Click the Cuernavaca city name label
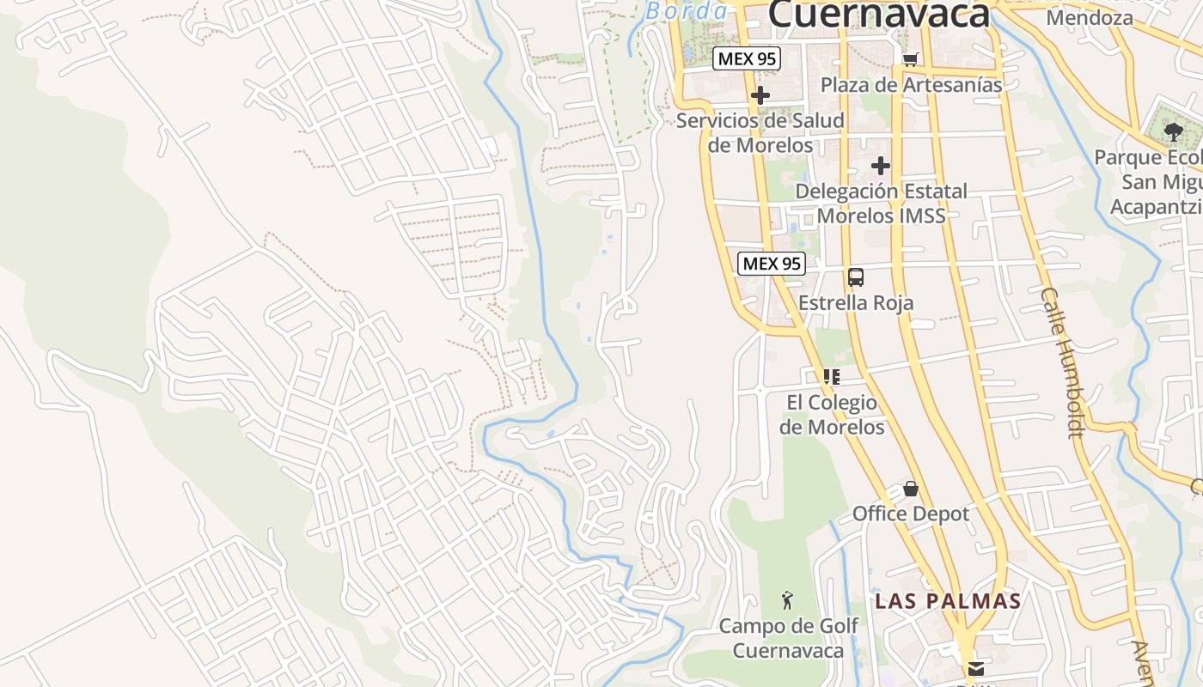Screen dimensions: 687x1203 click(x=878, y=15)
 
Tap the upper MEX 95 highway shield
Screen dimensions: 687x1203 click(x=746, y=58)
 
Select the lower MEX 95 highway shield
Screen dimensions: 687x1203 click(x=771, y=264)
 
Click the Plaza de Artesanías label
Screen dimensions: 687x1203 click(x=911, y=85)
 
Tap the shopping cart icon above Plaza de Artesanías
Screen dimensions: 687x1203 click(x=911, y=58)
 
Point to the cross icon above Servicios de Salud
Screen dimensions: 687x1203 click(x=760, y=95)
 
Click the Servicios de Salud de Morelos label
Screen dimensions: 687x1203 click(x=760, y=132)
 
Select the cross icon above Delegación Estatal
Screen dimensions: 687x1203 click(x=880, y=165)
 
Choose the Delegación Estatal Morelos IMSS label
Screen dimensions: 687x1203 click(x=881, y=203)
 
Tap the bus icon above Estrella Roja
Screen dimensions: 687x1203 click(x=856, y=277)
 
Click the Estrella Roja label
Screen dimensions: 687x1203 click(x=856, y=303)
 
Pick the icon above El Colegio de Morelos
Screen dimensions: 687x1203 click(x=831, y=376)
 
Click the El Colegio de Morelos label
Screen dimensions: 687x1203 click(x=832, y=414)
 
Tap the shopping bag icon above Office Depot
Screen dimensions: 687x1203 click(x=911, y=489)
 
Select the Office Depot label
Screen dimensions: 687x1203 click(x=911, y=514)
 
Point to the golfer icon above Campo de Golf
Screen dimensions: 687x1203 click(x=787, y=600)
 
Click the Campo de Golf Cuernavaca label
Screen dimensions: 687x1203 click(x=788, y=638)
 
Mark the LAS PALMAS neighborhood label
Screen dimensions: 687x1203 click(x=948, y=601)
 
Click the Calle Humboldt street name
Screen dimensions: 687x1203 click(x=1064, y=362)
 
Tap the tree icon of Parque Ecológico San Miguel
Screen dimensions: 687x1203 click(x=1173, y=132)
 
